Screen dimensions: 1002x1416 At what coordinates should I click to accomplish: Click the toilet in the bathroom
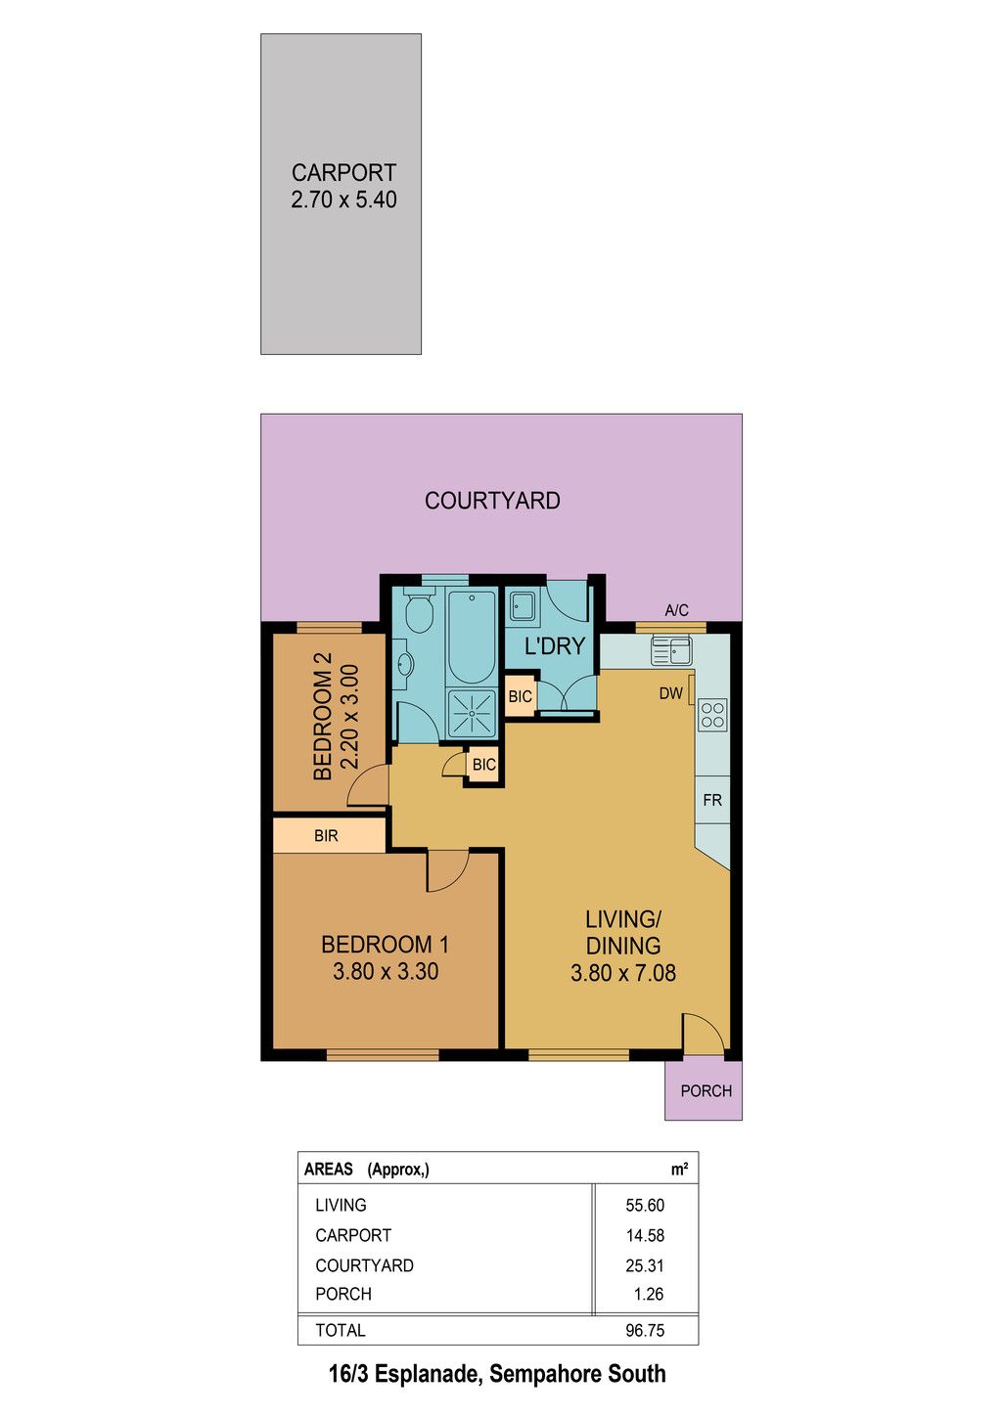point(418,609)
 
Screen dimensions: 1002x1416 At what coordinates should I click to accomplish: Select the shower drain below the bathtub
point(472,713)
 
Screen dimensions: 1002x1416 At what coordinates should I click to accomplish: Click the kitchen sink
point(671,650)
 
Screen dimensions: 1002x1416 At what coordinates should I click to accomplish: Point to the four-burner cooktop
point(712,715)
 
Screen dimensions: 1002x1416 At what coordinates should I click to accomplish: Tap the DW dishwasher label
point(670,693)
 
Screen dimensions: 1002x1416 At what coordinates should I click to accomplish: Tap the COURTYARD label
point(492,501)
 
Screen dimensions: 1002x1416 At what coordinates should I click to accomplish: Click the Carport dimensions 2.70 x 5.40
point(343,199)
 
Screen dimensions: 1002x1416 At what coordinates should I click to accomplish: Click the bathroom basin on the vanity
point(405,664)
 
